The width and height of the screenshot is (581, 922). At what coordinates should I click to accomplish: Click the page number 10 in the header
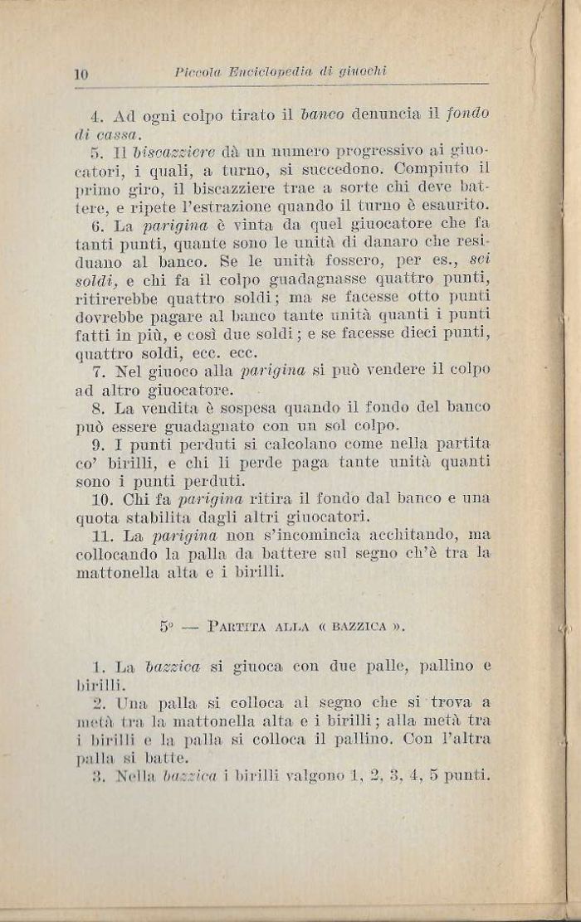(81, 74)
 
